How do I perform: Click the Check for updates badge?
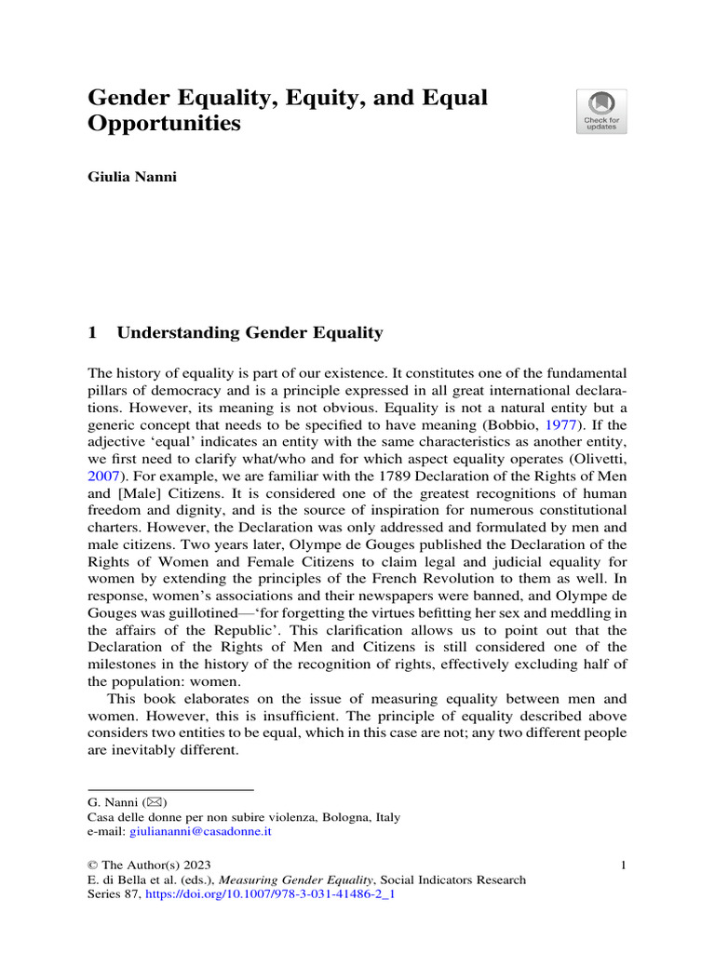[600, 112]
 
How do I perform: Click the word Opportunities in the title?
[164, 124]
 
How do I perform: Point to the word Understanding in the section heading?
[177, 333]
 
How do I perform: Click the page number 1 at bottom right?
[622, 866]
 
